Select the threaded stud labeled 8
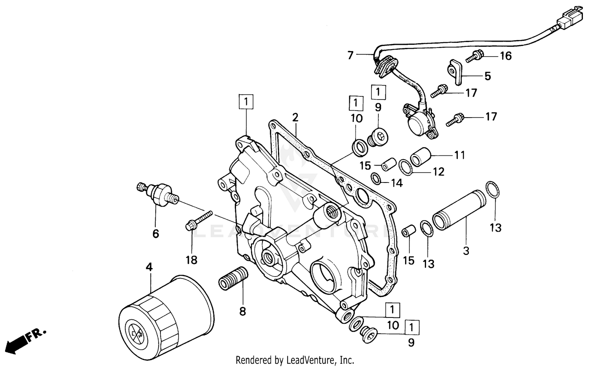coord(233,278)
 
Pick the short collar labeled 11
coord(420,156)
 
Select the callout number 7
coord(350,55)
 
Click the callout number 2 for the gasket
coord(295,117)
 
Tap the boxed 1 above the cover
coord(246,102)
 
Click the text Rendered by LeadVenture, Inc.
coord(295,360)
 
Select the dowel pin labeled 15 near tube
coord(408,231)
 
